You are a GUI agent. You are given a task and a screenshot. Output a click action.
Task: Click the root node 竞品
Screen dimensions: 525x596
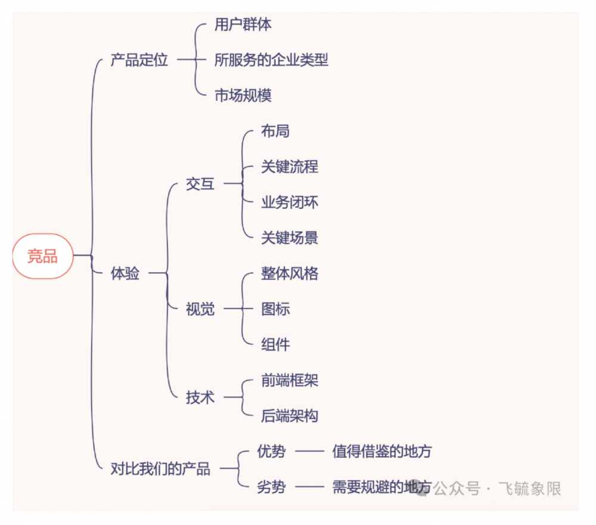tap(43, 257)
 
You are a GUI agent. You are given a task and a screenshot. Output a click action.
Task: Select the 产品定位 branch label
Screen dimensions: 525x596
tap(139, 60)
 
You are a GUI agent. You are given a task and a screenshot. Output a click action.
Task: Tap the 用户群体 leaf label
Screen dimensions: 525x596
tap(243, 25)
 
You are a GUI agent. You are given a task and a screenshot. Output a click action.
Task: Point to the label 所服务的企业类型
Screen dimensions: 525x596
tap(271, 60)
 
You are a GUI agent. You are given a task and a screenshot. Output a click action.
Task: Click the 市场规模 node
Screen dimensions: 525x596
tap(243, 95)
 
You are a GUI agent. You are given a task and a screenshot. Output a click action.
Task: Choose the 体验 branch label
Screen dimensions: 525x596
tap(125, 274)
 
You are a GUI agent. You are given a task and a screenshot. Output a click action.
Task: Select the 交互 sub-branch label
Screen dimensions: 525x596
tap(200, 185)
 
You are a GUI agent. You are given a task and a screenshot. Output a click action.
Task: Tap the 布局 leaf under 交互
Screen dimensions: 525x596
tap(275, 131)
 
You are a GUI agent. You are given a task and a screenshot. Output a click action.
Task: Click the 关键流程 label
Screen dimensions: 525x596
tap(290, 167)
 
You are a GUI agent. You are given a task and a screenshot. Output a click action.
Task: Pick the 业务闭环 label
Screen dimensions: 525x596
tap(290, 202)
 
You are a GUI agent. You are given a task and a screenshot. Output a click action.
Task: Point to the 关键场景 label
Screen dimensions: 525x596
tap(290, 238)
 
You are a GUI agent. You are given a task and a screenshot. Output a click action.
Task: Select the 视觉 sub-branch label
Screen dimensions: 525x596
tap(200, 310)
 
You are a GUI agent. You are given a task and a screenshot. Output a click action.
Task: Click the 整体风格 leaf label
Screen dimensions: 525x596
tap(290, 274)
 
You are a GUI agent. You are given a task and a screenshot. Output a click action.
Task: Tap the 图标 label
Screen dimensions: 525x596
tap(275, 310)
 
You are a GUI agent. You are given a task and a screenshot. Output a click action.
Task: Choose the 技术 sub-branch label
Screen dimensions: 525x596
tap(200, 398)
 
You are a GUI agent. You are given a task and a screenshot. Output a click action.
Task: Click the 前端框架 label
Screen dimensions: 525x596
tap(290, 380)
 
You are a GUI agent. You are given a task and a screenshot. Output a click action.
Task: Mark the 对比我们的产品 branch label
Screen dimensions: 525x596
tap(160, 469)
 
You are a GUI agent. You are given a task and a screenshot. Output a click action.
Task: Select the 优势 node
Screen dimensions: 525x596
tap(271, 452)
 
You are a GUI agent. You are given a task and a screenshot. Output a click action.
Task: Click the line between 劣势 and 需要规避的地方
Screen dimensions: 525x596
tap(309, 487)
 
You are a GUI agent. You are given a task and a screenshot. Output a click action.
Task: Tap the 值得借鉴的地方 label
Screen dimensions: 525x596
tap(381, 452)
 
